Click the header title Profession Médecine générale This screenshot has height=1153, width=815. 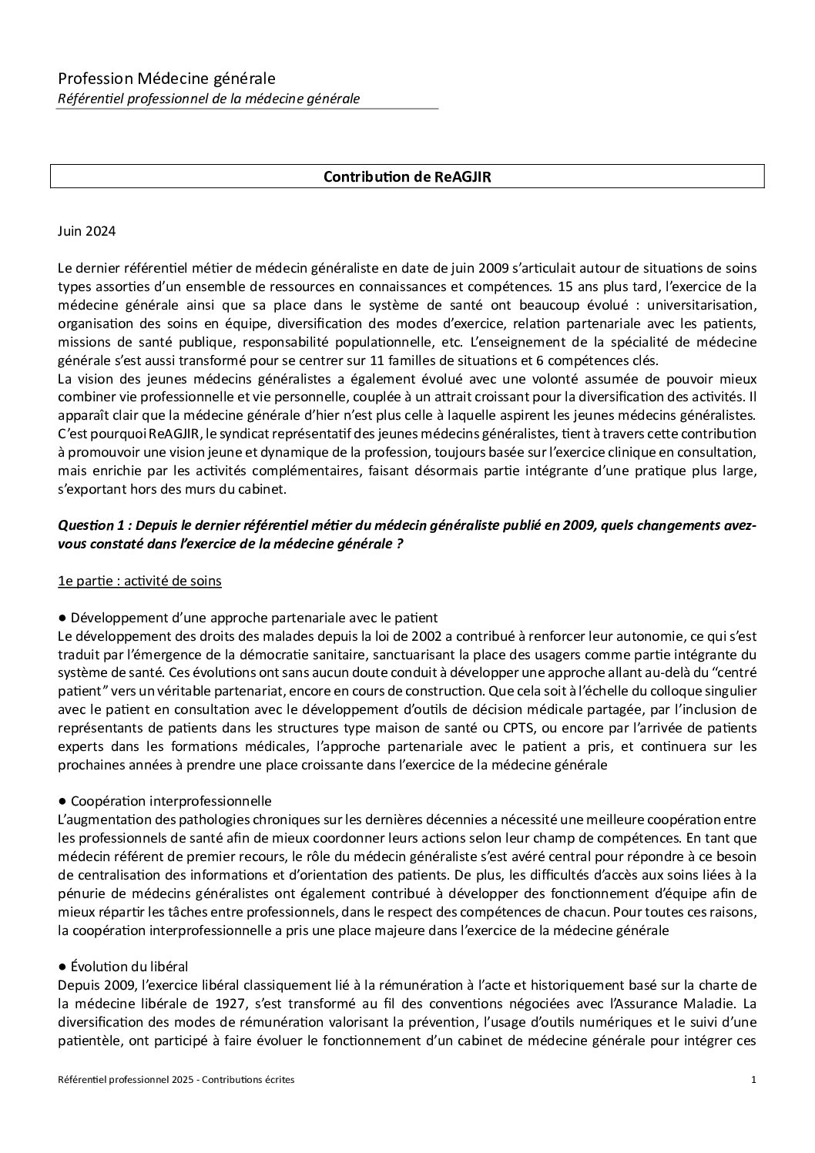point(166,78)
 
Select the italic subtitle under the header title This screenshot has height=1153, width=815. point(209,98)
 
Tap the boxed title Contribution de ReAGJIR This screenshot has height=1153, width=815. point(407,176)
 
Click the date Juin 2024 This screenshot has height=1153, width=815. point(85,230)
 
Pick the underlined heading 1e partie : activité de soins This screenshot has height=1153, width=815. point(139,581)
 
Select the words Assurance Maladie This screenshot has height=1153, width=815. point(679,1004)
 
